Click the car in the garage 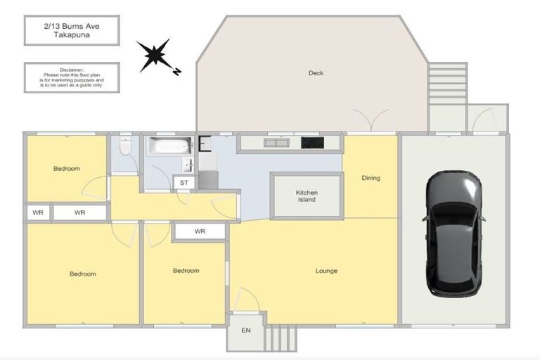click(x=454, y=232)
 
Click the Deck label click(x=316, y=73)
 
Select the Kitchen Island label click(x=307, y=196)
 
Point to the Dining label click(x=371, y=178)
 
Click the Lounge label click(x=326, y=271)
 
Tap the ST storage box click(x=184, y=183)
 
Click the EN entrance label click(x=245, y=330)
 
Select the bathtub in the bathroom click(x=169, y=147)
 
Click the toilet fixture click(x=125, y=148)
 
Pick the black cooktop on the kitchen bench click(x=312, y=143)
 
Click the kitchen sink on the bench click(x=276, y=143)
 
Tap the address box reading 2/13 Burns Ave click(x=72, y=30)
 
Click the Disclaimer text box click(x=72, y=77)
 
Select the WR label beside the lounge click(x=200, y=231)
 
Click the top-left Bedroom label click(x=67, y=169)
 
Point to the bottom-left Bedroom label click(x=82, y=274)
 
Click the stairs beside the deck click(x=447, y=84)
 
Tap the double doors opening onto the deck click(x=371, y=120)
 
